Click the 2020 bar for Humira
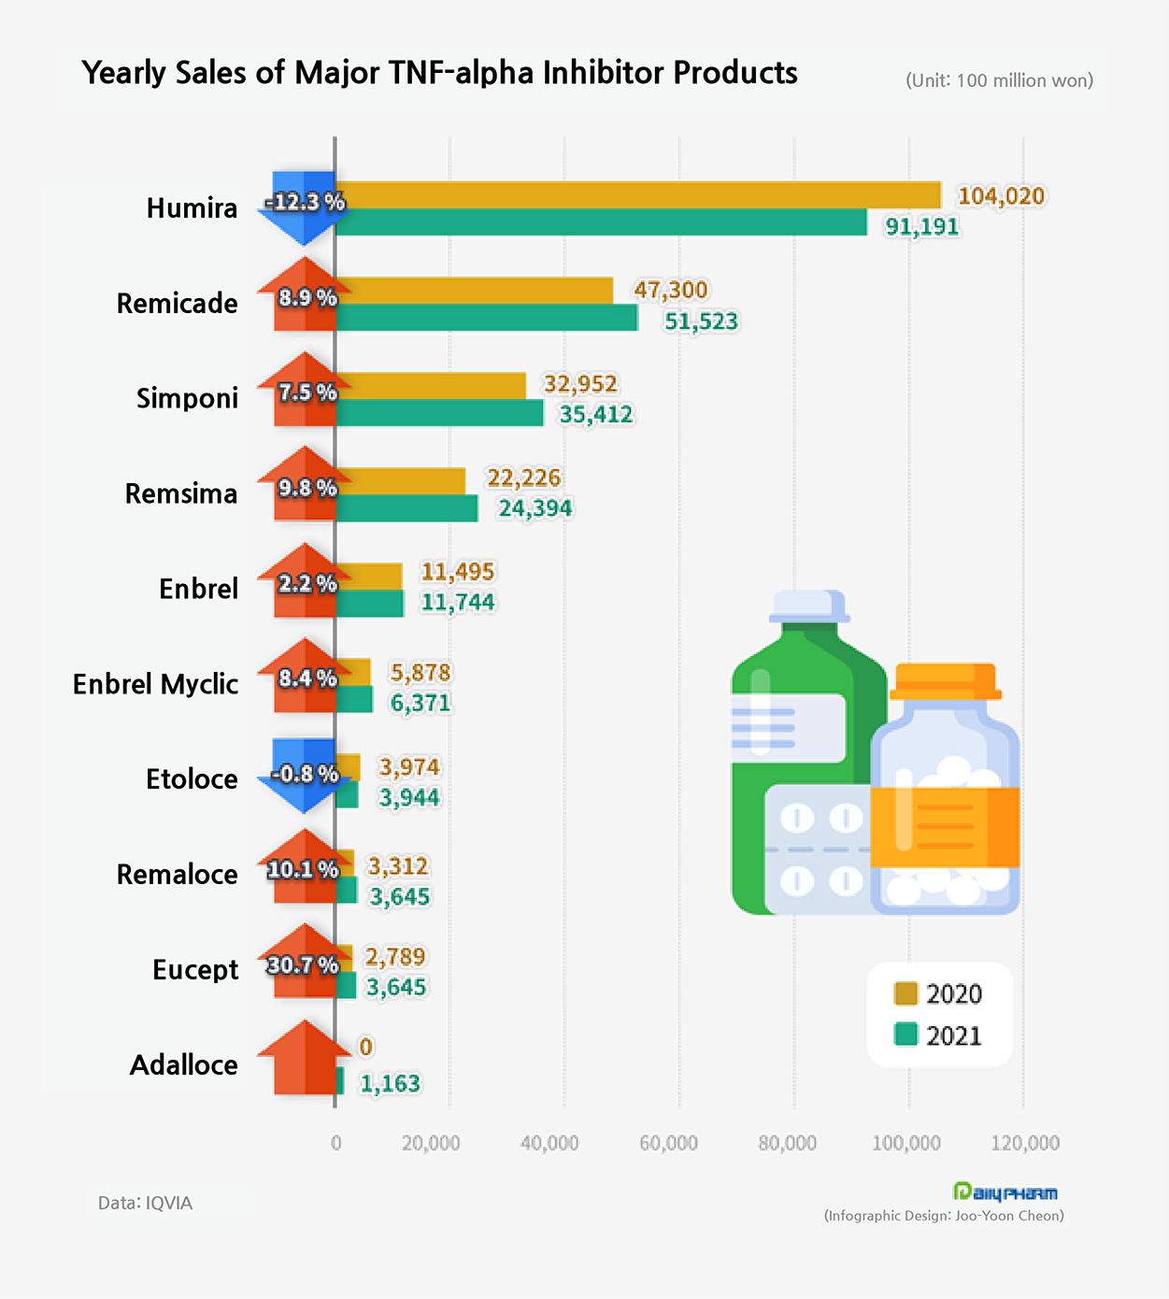click(x=637, y=195)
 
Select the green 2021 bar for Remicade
click(x=486, y=318)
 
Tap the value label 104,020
click(x=1001, y=196)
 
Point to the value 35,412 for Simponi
click(x=596, y=414)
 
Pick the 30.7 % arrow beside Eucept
click(x=303, y=963)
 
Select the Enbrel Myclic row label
click(x=155, y=684)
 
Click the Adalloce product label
click(x=183, y=1065)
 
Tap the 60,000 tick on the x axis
click(x=668, y=1143)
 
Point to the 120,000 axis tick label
click(x=1025, y=1143)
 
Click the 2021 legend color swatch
click(x=905, y=1035)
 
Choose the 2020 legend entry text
click(x=954, y=993)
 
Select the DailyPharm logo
click(x=1005, y=1192)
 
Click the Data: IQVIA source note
click(x=145, y=1203)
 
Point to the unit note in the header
click(x=999, y=80)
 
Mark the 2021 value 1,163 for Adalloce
click(x=390, y=1083)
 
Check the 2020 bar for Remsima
click(x=400, y=481)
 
